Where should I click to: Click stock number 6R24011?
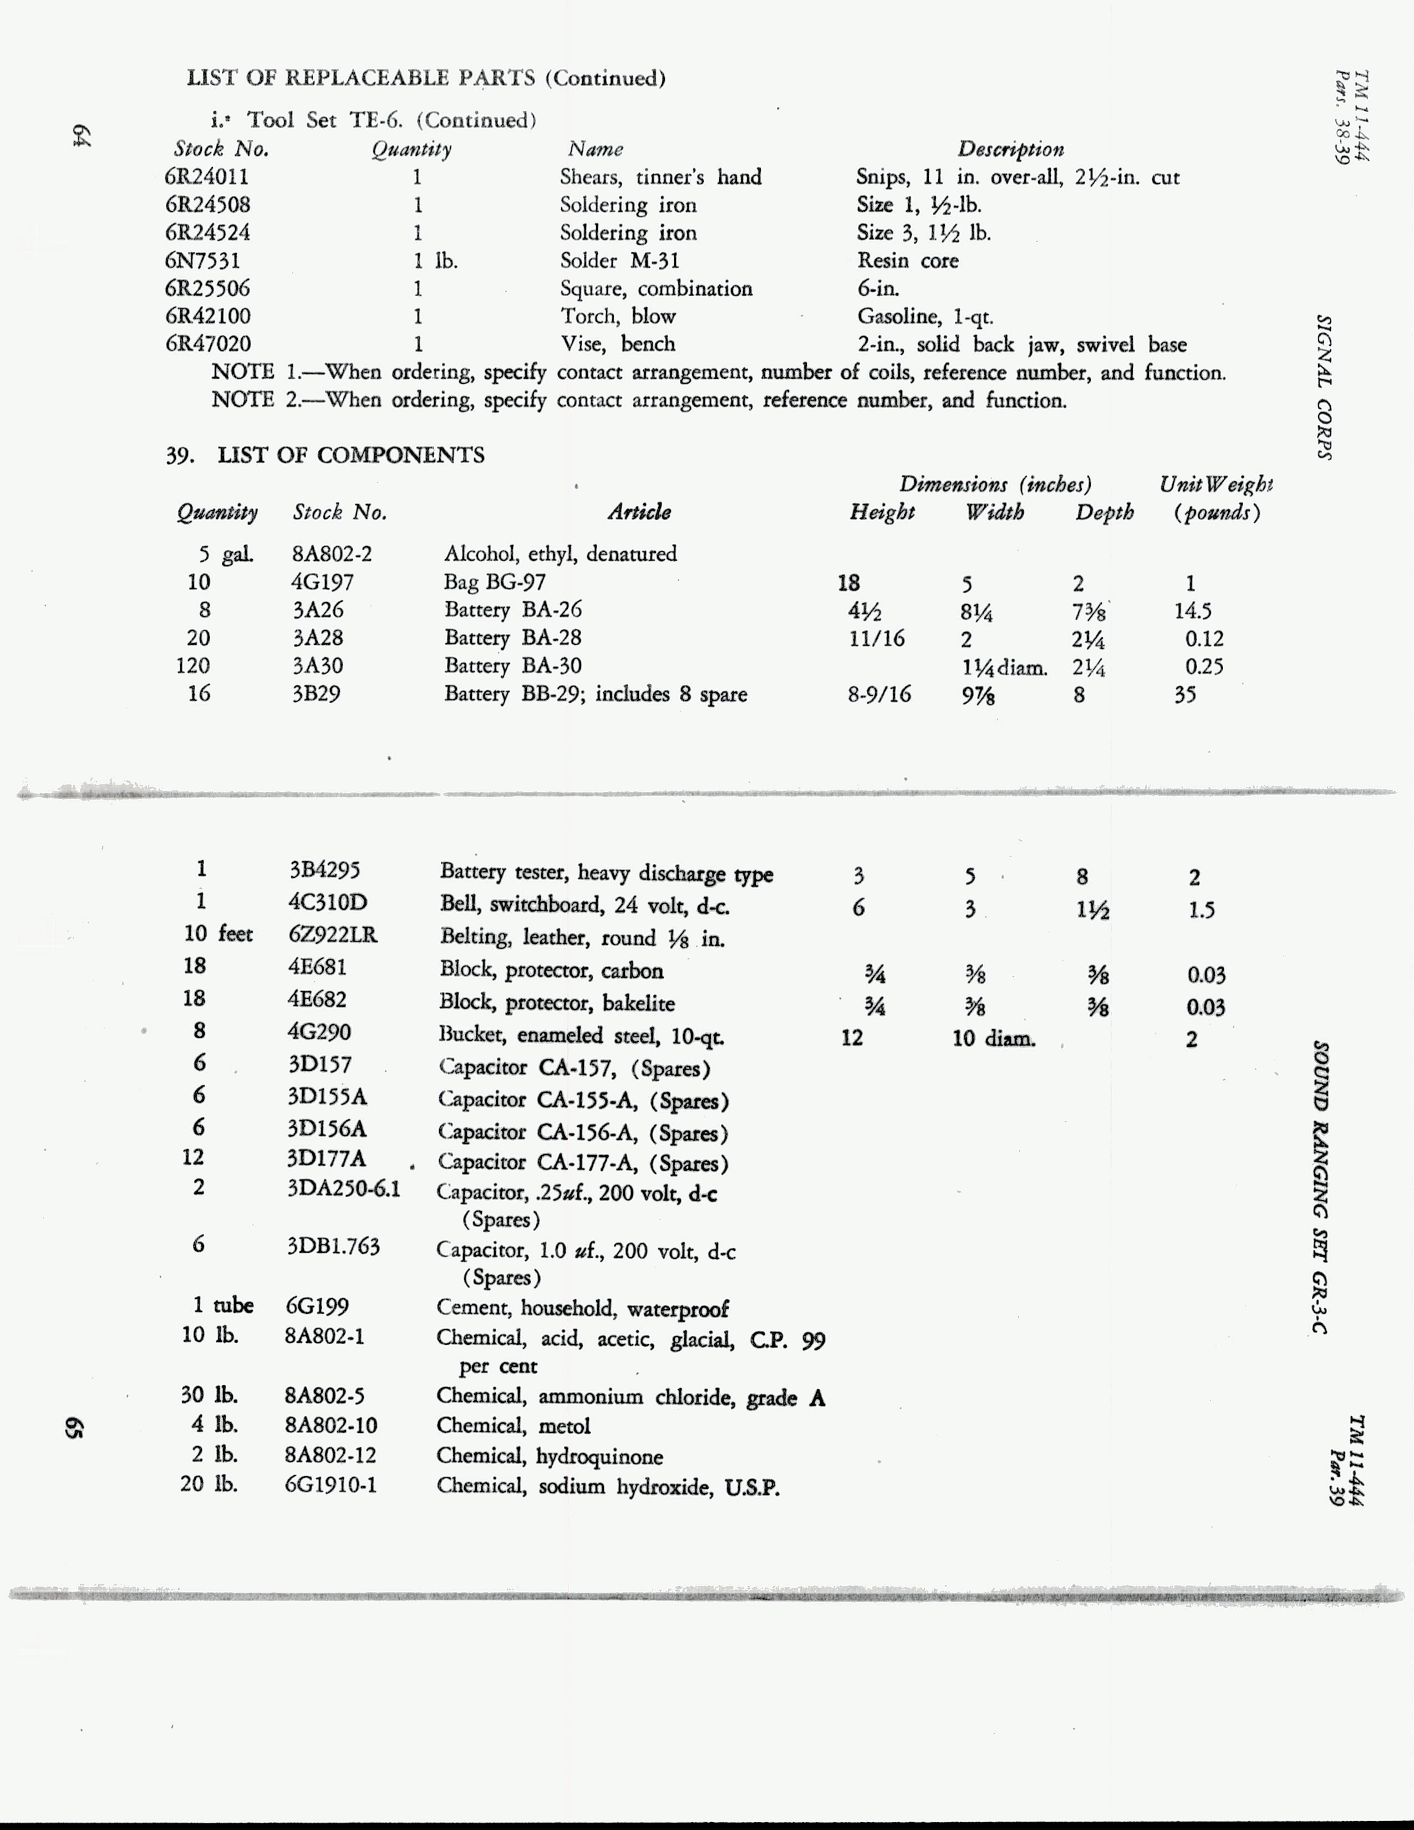tap(207, 177)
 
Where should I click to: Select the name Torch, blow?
tap(618, 316)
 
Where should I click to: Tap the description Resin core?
tap(907, 261)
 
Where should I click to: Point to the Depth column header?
tap(1104, 512)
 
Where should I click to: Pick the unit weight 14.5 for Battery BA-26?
tap(1193, 611)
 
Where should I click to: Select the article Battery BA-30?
tap(513, 666)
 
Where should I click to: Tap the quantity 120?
tap(192, 666)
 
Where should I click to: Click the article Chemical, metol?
tap(513, 1426)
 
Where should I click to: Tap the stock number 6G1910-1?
tap(331, 1486)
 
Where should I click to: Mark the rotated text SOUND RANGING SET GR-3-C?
tap(1321, 1187)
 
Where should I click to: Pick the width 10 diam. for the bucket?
tap(994, 1039)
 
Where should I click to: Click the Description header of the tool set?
tap(1010, 149)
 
